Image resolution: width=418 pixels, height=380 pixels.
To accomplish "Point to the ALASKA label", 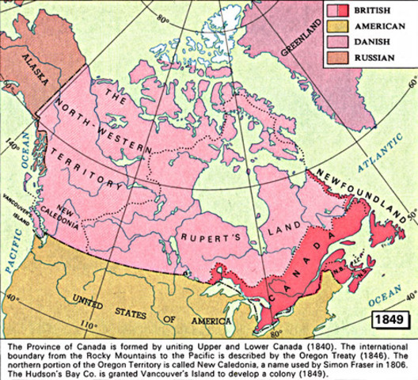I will point(40,71).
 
